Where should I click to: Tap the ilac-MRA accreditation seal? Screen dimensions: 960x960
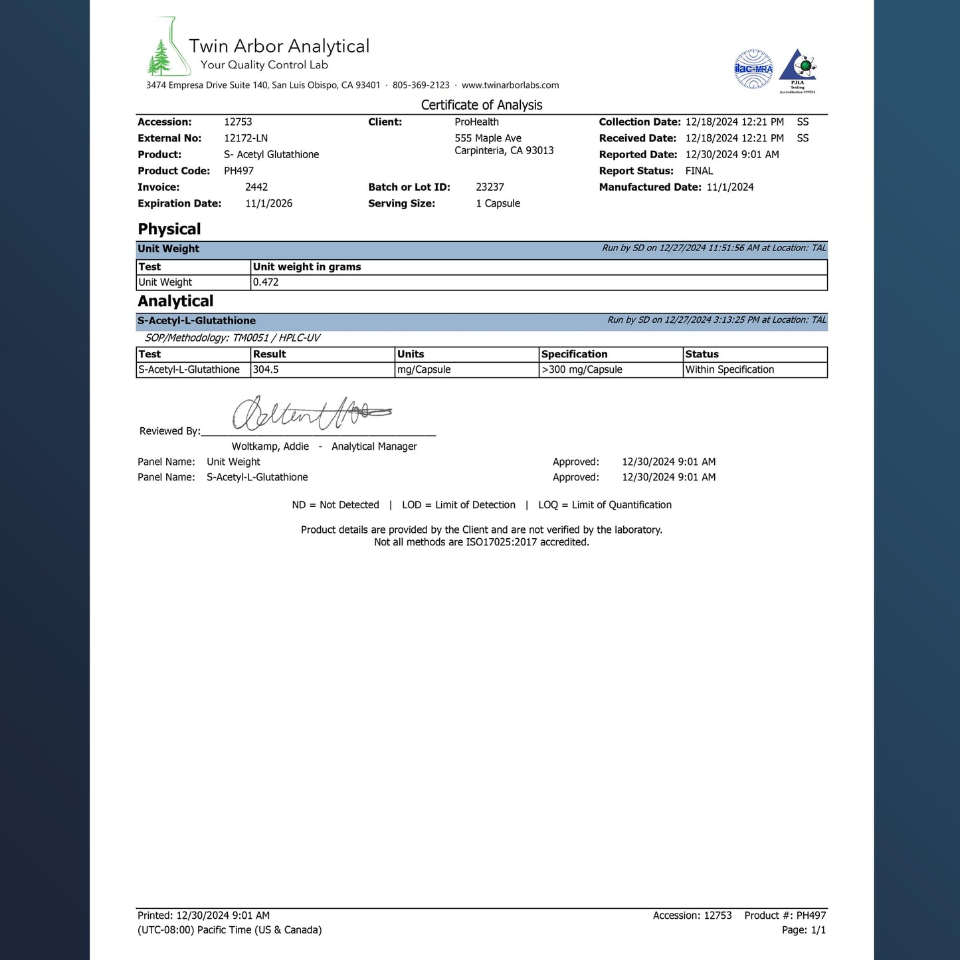point(753,69)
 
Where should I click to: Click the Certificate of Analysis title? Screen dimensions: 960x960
point(482,105)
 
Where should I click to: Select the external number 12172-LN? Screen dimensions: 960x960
point(246,138)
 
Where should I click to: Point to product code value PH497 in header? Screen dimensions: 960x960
point(239,171)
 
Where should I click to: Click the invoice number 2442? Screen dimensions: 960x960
point(256,187)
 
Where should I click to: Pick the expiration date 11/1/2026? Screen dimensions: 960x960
point(268,203)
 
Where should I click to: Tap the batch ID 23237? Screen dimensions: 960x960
point(490,187)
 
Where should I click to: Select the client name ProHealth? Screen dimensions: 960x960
point(476,122)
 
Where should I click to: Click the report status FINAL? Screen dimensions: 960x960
point(699,171)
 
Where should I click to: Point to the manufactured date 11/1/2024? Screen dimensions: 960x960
point(730,187)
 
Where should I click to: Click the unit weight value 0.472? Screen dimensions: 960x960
point(266,282)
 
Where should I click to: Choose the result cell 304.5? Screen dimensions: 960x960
point(266,370)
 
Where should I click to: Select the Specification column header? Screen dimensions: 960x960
point(574,355)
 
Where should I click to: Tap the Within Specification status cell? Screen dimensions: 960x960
point(729,370)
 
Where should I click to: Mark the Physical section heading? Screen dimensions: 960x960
point(169,229)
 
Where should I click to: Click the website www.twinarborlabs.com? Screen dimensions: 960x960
point(510,85)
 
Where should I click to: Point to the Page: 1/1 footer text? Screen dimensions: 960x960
point(803,930)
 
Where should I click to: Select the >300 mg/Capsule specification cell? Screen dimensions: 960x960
point(582,370)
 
